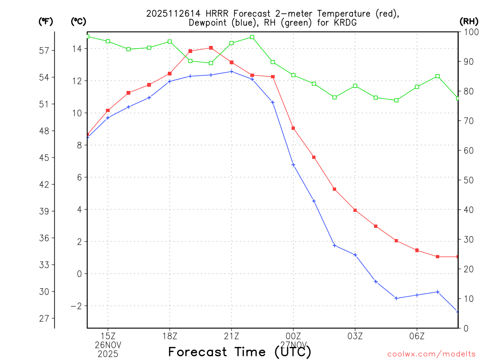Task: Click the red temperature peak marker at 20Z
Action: (x=211, y=48)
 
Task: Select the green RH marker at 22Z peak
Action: (x=252, y=37)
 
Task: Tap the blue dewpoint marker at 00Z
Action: (x=293, y=165)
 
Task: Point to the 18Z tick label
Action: (x=170, y=336)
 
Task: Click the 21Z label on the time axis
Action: (x=232, y=336)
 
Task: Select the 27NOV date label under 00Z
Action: (x=293, y=345)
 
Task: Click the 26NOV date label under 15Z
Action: (x=108, y=345)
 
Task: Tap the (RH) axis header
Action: (x=469, y=21)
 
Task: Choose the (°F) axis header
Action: (x=45, y=21)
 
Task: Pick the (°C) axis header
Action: (x=78, y=21)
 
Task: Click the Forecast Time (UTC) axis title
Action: (x=240, y=352)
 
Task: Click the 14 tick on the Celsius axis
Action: (x=78, y=49)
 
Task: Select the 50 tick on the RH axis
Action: (x=468, y=180)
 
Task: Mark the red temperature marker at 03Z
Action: (x=355, y=210)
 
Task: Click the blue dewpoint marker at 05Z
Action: (x=396, y=298)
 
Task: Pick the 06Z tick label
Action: (x=417, y=336)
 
